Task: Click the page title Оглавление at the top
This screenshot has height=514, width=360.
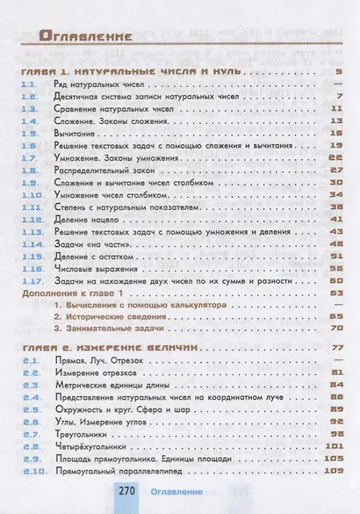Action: tap(86, 38)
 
